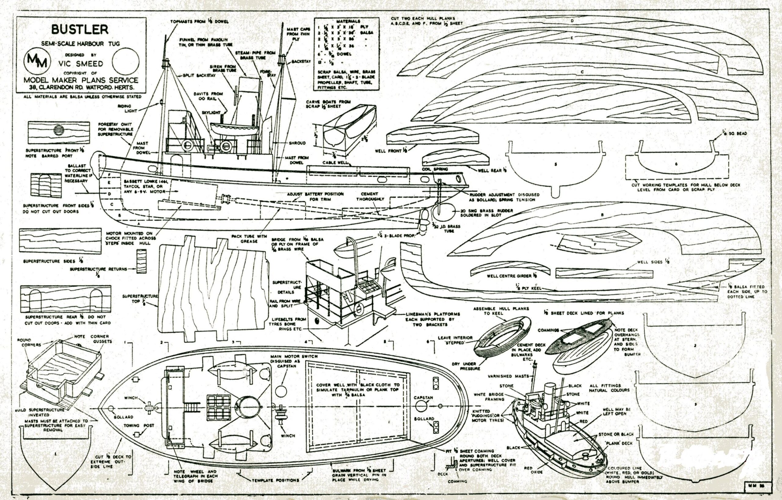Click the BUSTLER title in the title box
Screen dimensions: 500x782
point(79,30)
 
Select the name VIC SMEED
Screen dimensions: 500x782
point(81,63)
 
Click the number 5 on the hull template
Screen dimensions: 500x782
point(556,164)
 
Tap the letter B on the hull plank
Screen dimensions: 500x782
point(602,215)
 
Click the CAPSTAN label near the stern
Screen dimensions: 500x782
point(423,397)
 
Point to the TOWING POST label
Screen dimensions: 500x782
point(139,425)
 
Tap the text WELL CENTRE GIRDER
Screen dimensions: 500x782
point(509,276)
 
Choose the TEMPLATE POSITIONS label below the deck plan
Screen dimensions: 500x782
point(276,480)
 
